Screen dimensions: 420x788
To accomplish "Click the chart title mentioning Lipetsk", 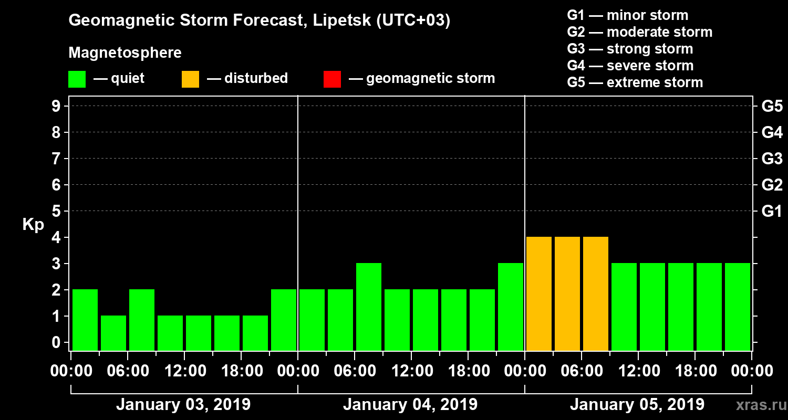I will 260,21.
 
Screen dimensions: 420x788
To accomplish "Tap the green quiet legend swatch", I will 77,79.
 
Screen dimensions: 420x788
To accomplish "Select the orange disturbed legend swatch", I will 190,79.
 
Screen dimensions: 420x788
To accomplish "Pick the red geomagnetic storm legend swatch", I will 332,79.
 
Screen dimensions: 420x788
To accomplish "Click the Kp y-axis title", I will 33,225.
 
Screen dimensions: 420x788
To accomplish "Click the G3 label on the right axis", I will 772,159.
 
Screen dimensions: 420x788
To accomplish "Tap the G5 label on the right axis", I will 772,107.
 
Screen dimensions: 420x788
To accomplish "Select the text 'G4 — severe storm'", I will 630,66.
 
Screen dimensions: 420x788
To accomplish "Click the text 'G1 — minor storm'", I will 627,15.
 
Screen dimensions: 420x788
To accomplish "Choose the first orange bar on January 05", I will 539,293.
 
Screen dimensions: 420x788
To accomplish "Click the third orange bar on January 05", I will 596,293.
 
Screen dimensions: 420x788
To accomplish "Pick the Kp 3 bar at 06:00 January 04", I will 369,306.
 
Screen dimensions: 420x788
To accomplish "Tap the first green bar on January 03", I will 85,319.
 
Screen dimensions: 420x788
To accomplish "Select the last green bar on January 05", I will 738,306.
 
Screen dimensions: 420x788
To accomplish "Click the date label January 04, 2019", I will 410,405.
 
